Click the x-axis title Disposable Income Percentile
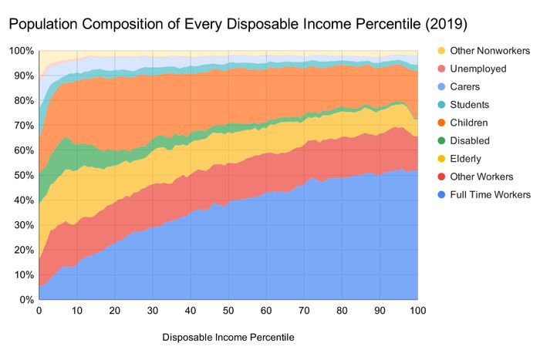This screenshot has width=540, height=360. click(x=228, y=337)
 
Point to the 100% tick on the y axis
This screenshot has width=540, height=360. click(x=21, y=52)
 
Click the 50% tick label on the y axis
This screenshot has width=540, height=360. click(x=23, y=175)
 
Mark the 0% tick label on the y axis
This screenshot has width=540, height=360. click(x=25, y=299)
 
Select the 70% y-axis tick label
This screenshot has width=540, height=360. click(x=23, y=126)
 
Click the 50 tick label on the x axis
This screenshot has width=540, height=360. click(x=228, y=311)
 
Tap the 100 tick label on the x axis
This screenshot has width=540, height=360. click(x=417, y=311)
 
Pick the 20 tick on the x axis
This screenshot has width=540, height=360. click(x=114, y=311)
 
